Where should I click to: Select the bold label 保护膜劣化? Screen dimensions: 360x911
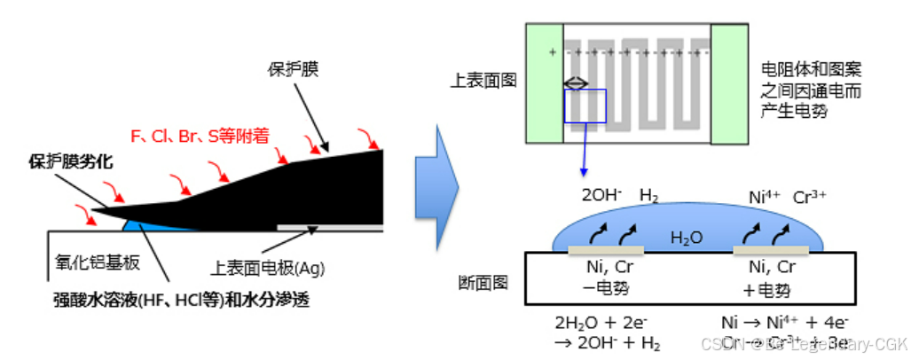click(69, 162)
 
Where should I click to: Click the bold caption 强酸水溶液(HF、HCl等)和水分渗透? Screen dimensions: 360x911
click(182, 300)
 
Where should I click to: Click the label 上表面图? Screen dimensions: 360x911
click(484, 81)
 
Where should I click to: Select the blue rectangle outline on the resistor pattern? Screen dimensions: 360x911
click(585, 106)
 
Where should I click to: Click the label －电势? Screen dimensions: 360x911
click(607, 290)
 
